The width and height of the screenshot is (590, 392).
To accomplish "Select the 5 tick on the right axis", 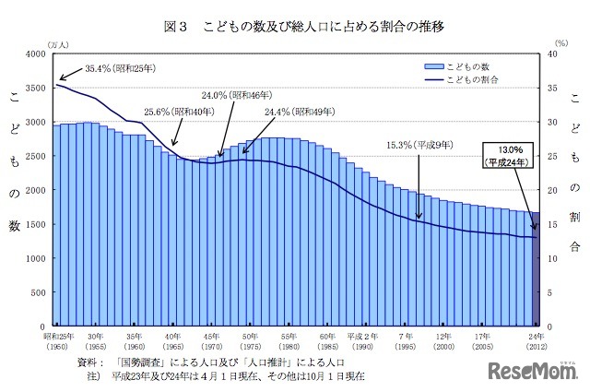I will coord(549,292).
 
